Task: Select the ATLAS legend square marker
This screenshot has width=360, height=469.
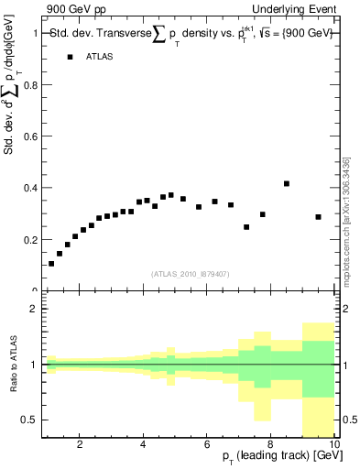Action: point(70,57)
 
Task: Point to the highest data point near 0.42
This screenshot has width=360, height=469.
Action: point(287,183)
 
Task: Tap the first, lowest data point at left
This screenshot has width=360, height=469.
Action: point(51,264)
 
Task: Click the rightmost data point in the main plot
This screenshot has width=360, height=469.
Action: point(318,217)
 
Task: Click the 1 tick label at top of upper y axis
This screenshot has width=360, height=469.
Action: point(35,34)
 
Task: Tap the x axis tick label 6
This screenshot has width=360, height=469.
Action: point(207,445)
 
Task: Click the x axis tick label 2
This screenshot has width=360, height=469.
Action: point(80,445)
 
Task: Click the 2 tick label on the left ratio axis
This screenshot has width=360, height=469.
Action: point(34,309)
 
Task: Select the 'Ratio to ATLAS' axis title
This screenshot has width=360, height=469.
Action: point(12,365)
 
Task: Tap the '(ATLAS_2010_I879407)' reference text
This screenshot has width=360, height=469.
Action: point(189,274)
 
